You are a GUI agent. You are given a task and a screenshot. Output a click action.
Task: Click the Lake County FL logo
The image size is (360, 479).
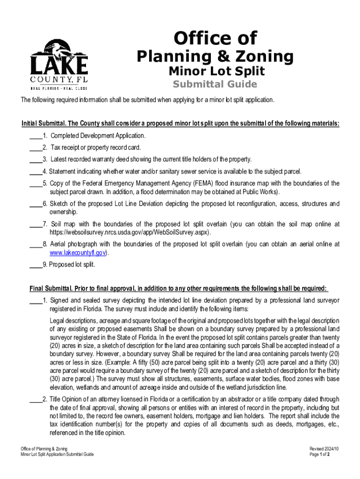(59, 64)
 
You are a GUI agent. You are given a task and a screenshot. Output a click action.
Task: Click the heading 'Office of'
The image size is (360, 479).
(215, 38)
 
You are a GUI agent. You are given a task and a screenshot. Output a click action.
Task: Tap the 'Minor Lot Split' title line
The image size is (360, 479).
(216, 71)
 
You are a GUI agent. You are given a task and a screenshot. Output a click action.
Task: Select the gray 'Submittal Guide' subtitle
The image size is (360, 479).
(215, 84)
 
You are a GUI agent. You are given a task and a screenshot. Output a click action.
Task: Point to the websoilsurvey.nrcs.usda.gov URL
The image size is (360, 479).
(130, 232)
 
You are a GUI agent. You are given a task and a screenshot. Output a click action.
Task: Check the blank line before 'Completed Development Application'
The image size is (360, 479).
(35, 136)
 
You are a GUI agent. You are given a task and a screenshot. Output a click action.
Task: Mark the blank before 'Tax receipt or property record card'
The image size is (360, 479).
(35, 148)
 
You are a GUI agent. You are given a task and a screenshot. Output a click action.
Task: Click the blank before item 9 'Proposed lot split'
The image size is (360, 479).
(35, 265)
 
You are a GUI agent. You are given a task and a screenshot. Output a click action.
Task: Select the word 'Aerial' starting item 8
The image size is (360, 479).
(58, 244)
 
